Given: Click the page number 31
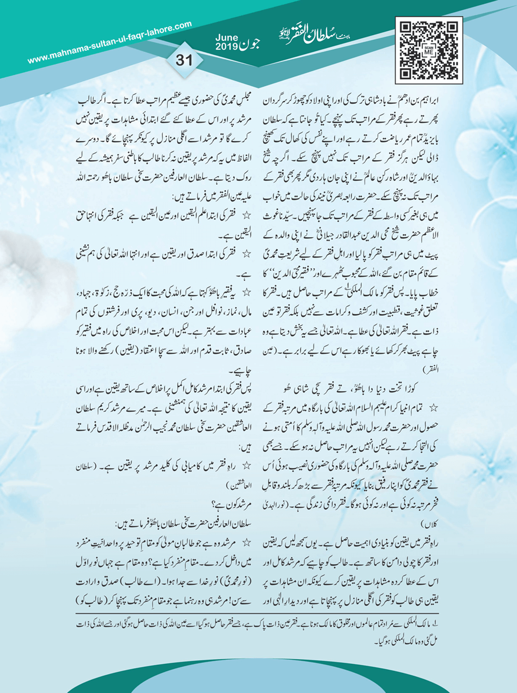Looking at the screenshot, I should point(184,60).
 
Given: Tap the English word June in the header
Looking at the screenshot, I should point(226,38).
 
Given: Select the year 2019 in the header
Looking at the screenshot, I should point(226,46).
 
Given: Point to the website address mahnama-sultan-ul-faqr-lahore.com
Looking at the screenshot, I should point(110,42).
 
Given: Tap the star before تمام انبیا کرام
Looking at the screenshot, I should point(432,406).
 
